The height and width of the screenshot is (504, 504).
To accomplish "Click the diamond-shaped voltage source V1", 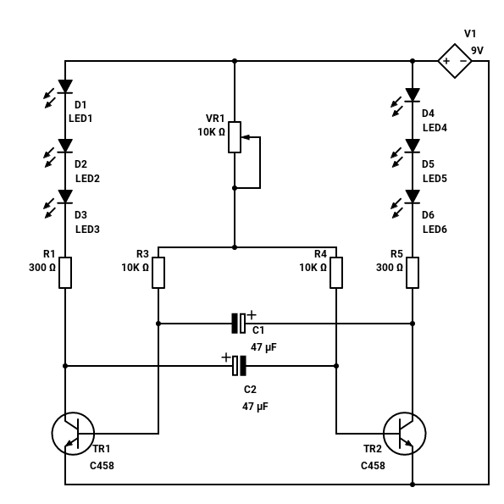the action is tap(455, 61).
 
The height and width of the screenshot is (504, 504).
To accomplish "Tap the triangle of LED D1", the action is tap(65, 86).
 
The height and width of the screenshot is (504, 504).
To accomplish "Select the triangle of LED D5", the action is tap(413, 146).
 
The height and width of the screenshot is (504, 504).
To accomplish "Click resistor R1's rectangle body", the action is tap(65, 273).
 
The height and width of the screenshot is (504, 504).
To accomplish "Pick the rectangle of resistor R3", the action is tap(158, 273).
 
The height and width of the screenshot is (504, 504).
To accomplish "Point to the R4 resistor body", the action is tap(336, 273).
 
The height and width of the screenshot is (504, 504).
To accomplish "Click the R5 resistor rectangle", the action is tap(413, 273).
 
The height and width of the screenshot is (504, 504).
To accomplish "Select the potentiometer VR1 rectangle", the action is tap(235, 137).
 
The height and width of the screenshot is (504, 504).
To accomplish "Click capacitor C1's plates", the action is tap(239, 324).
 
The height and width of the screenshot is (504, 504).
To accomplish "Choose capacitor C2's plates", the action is tap(239, 366).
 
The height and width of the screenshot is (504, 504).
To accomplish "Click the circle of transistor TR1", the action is tap(73, 434).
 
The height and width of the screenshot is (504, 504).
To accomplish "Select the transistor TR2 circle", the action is tap(405, 434).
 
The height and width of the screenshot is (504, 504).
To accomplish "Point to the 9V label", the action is tap(478, 51).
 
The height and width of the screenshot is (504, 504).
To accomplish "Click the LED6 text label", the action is tap(435, 230).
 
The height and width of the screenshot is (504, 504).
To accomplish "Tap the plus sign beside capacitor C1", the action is tap(252, 314).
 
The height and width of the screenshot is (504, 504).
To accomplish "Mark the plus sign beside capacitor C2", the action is tap(226, 357).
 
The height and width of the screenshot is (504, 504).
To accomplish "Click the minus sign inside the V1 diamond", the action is tap(463, 61).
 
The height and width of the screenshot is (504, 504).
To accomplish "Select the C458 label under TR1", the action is tap(102, 466).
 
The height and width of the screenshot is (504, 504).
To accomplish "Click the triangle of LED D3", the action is tap(65, 197).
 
